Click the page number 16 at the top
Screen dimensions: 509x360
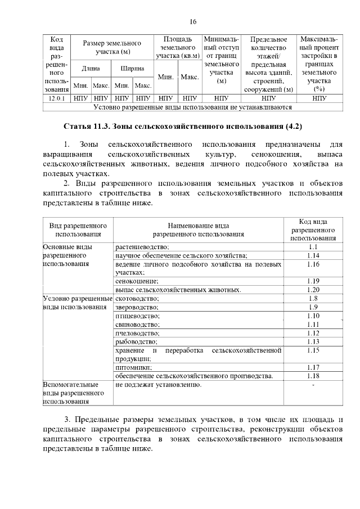pos(193,22)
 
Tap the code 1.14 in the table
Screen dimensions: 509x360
pos(313,255)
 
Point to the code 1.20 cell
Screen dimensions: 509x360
pos(313,290)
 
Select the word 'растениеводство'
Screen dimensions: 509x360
pos(142,247)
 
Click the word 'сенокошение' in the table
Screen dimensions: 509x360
pos(137,281)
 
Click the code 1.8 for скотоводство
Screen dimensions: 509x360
pos(313,299)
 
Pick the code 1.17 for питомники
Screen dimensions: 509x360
pos(313,367)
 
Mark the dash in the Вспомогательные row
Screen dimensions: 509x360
pos(313,385)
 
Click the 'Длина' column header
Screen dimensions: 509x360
pos(91,69)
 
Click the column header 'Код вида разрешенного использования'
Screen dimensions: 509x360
pos(313,229)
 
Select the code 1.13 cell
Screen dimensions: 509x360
pos(313,341)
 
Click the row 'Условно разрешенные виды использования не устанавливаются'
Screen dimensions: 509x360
pos(192,106)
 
